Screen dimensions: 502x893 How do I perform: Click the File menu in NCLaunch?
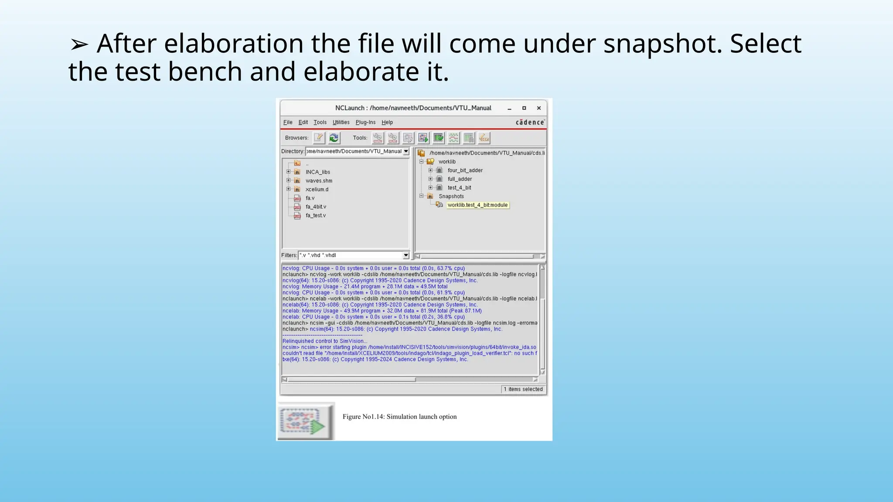tap(288, 122)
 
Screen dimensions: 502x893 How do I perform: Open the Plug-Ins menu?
tap(365, 122)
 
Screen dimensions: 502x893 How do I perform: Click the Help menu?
tap(387, 122)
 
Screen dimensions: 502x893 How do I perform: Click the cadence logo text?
tap(530, 122)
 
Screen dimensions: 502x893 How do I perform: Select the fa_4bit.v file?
tap(316, 207)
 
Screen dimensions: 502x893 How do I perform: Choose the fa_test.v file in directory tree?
tap(315, 216)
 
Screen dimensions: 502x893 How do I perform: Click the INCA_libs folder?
tap(317, 172)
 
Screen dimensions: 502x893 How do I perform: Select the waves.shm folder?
tap(319, 181)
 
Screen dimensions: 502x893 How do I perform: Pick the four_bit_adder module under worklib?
tap(465, 170)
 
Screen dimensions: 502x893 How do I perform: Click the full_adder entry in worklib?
tap(460, 179)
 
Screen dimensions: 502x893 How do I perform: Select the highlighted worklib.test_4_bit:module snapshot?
tap(477, 205)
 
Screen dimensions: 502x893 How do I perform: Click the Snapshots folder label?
tap(451, 197)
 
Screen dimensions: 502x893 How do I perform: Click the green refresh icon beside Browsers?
tap(334, 138)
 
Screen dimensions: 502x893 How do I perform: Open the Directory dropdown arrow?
tap(406, 151)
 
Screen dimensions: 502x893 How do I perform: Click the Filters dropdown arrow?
tap(406, 255)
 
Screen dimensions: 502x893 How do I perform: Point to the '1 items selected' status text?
tap(523, 390)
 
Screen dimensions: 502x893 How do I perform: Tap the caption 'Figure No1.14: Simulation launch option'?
tap(399, 417)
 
